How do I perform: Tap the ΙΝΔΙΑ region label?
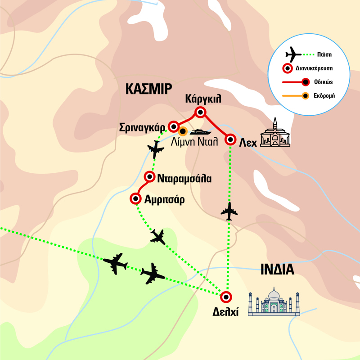[277, 270]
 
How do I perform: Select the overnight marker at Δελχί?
[225, 297]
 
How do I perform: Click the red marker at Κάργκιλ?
[200, 112]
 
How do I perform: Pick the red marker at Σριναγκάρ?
[173, 126]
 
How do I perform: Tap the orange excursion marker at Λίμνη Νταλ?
[183, 132]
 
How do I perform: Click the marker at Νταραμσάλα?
[150, 177]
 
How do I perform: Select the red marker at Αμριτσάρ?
[135, 198]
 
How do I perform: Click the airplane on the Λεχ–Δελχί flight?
[230, 211]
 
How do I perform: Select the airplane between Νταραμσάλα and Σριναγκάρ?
[156, 149]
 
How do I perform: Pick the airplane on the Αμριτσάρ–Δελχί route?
[158, 236]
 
